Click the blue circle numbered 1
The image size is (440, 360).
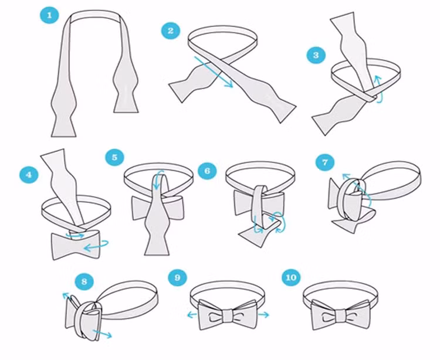50,15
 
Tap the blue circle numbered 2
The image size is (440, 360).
171,30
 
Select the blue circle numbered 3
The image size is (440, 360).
316,55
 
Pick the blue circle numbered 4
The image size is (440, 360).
29,175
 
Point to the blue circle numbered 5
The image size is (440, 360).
115,157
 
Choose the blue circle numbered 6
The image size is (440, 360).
207,171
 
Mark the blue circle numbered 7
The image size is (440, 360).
325,162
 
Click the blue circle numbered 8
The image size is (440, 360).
84,281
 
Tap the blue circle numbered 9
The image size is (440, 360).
177,277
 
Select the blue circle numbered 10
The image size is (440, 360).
291,277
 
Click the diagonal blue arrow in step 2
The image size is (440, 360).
214,72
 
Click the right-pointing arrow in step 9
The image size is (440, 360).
263,315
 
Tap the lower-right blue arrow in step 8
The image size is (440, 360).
102,334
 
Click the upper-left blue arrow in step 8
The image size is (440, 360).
67,296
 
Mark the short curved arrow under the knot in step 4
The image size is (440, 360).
75,235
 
